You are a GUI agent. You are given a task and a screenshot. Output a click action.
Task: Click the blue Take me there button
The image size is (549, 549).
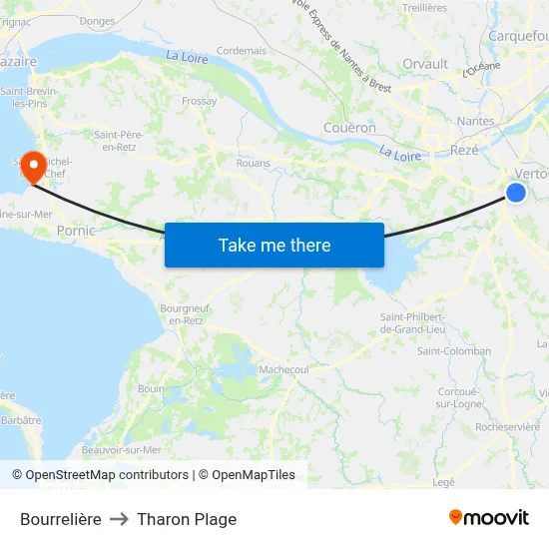274,245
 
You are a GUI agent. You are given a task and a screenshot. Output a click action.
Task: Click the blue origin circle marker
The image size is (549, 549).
516,193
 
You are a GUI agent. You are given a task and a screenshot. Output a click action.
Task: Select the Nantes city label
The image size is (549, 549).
474,122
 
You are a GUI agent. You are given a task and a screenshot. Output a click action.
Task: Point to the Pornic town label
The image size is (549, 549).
76,231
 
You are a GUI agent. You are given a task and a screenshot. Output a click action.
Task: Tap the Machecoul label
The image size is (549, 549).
283,369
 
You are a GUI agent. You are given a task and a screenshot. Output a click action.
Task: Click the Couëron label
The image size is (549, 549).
349,128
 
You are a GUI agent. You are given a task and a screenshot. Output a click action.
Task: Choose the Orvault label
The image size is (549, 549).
425,64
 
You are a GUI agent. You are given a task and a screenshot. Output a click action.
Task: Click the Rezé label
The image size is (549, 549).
464,150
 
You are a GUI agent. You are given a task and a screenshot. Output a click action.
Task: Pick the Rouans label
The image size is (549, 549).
254,163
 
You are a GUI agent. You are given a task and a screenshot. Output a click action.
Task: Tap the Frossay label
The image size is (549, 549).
200,101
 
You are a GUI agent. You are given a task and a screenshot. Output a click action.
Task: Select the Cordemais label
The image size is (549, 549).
242,50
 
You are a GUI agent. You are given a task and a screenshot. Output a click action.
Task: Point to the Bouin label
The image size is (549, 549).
152,388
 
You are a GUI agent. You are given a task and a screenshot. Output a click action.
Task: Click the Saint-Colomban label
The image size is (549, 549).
453,351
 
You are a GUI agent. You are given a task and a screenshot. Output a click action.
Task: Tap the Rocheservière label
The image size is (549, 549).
508,426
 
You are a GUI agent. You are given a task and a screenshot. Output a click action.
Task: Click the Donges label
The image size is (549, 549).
97,20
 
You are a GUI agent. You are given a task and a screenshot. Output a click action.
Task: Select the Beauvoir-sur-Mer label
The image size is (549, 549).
122,450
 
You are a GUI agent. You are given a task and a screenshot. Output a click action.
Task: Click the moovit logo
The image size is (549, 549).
488,517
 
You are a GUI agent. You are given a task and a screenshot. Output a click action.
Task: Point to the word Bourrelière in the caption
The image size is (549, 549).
60,519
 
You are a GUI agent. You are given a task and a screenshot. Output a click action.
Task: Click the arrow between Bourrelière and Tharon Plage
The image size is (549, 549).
119,519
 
